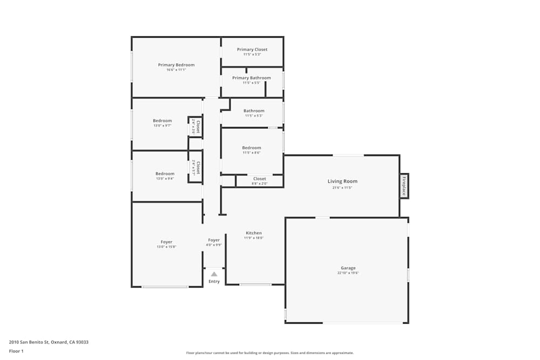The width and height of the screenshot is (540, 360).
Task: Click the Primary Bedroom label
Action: [x=176, y=65]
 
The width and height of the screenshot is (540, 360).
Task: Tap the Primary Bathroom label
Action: [x=252, y=78]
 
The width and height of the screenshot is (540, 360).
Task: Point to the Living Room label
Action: [x=342, y=181]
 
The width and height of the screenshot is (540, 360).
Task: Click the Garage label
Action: [x=348, y=268]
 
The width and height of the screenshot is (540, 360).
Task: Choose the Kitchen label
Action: [x=254, y=233]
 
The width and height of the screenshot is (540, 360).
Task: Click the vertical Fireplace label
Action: [x=403, y=186]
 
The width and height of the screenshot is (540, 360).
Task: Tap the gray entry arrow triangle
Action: [x=214, y=274]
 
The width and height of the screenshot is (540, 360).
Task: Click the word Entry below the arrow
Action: [x=214, y=281]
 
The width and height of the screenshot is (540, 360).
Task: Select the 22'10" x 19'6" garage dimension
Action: [x=348, y=273]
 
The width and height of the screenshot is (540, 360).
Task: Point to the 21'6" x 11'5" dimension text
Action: [x=342, y=187]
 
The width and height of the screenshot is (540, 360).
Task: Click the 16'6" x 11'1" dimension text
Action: [x=176, y=70]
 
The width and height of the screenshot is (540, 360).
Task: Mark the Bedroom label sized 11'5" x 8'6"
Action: [x=252, y=148]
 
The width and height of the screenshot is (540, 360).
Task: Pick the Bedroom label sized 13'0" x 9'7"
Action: [x=162, y=120]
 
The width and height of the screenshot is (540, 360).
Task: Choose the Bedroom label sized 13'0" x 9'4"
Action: [x=165, y=173]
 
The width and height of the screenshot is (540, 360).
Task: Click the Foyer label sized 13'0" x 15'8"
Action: [x=166, y=242]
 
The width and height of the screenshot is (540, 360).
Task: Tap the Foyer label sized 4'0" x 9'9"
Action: [x=214, y=240]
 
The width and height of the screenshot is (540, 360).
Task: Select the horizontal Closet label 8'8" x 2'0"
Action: [x=260, y=179]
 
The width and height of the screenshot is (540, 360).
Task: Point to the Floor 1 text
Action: [x=16, y=351]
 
